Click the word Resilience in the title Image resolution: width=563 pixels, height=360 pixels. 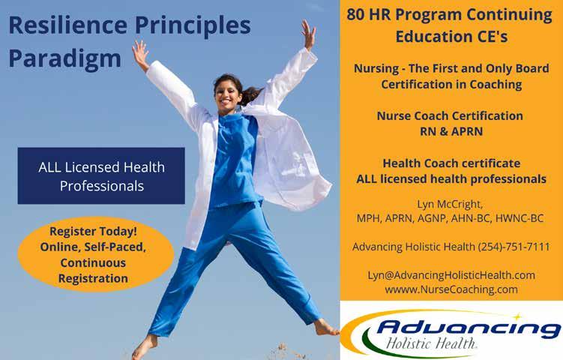68,25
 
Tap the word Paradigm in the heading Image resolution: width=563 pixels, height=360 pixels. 65,59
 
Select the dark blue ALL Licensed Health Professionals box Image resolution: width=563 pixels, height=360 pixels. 101,175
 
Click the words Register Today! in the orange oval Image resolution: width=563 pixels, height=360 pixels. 94,232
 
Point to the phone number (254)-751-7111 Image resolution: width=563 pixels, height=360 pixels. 514,247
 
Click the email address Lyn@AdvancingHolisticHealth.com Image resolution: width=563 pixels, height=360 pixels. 451,275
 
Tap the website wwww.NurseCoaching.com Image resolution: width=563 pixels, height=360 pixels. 451,289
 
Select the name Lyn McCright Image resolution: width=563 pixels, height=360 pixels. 450,204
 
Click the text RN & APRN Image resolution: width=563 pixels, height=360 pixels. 451,131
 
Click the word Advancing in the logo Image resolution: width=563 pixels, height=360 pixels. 468,328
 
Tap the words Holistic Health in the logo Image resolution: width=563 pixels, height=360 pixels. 431,343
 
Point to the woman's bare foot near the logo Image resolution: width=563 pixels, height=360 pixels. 325,328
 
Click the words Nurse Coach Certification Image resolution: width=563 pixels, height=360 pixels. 450,115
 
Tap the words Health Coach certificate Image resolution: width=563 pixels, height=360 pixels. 451,163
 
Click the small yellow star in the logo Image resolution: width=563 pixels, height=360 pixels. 517,316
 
